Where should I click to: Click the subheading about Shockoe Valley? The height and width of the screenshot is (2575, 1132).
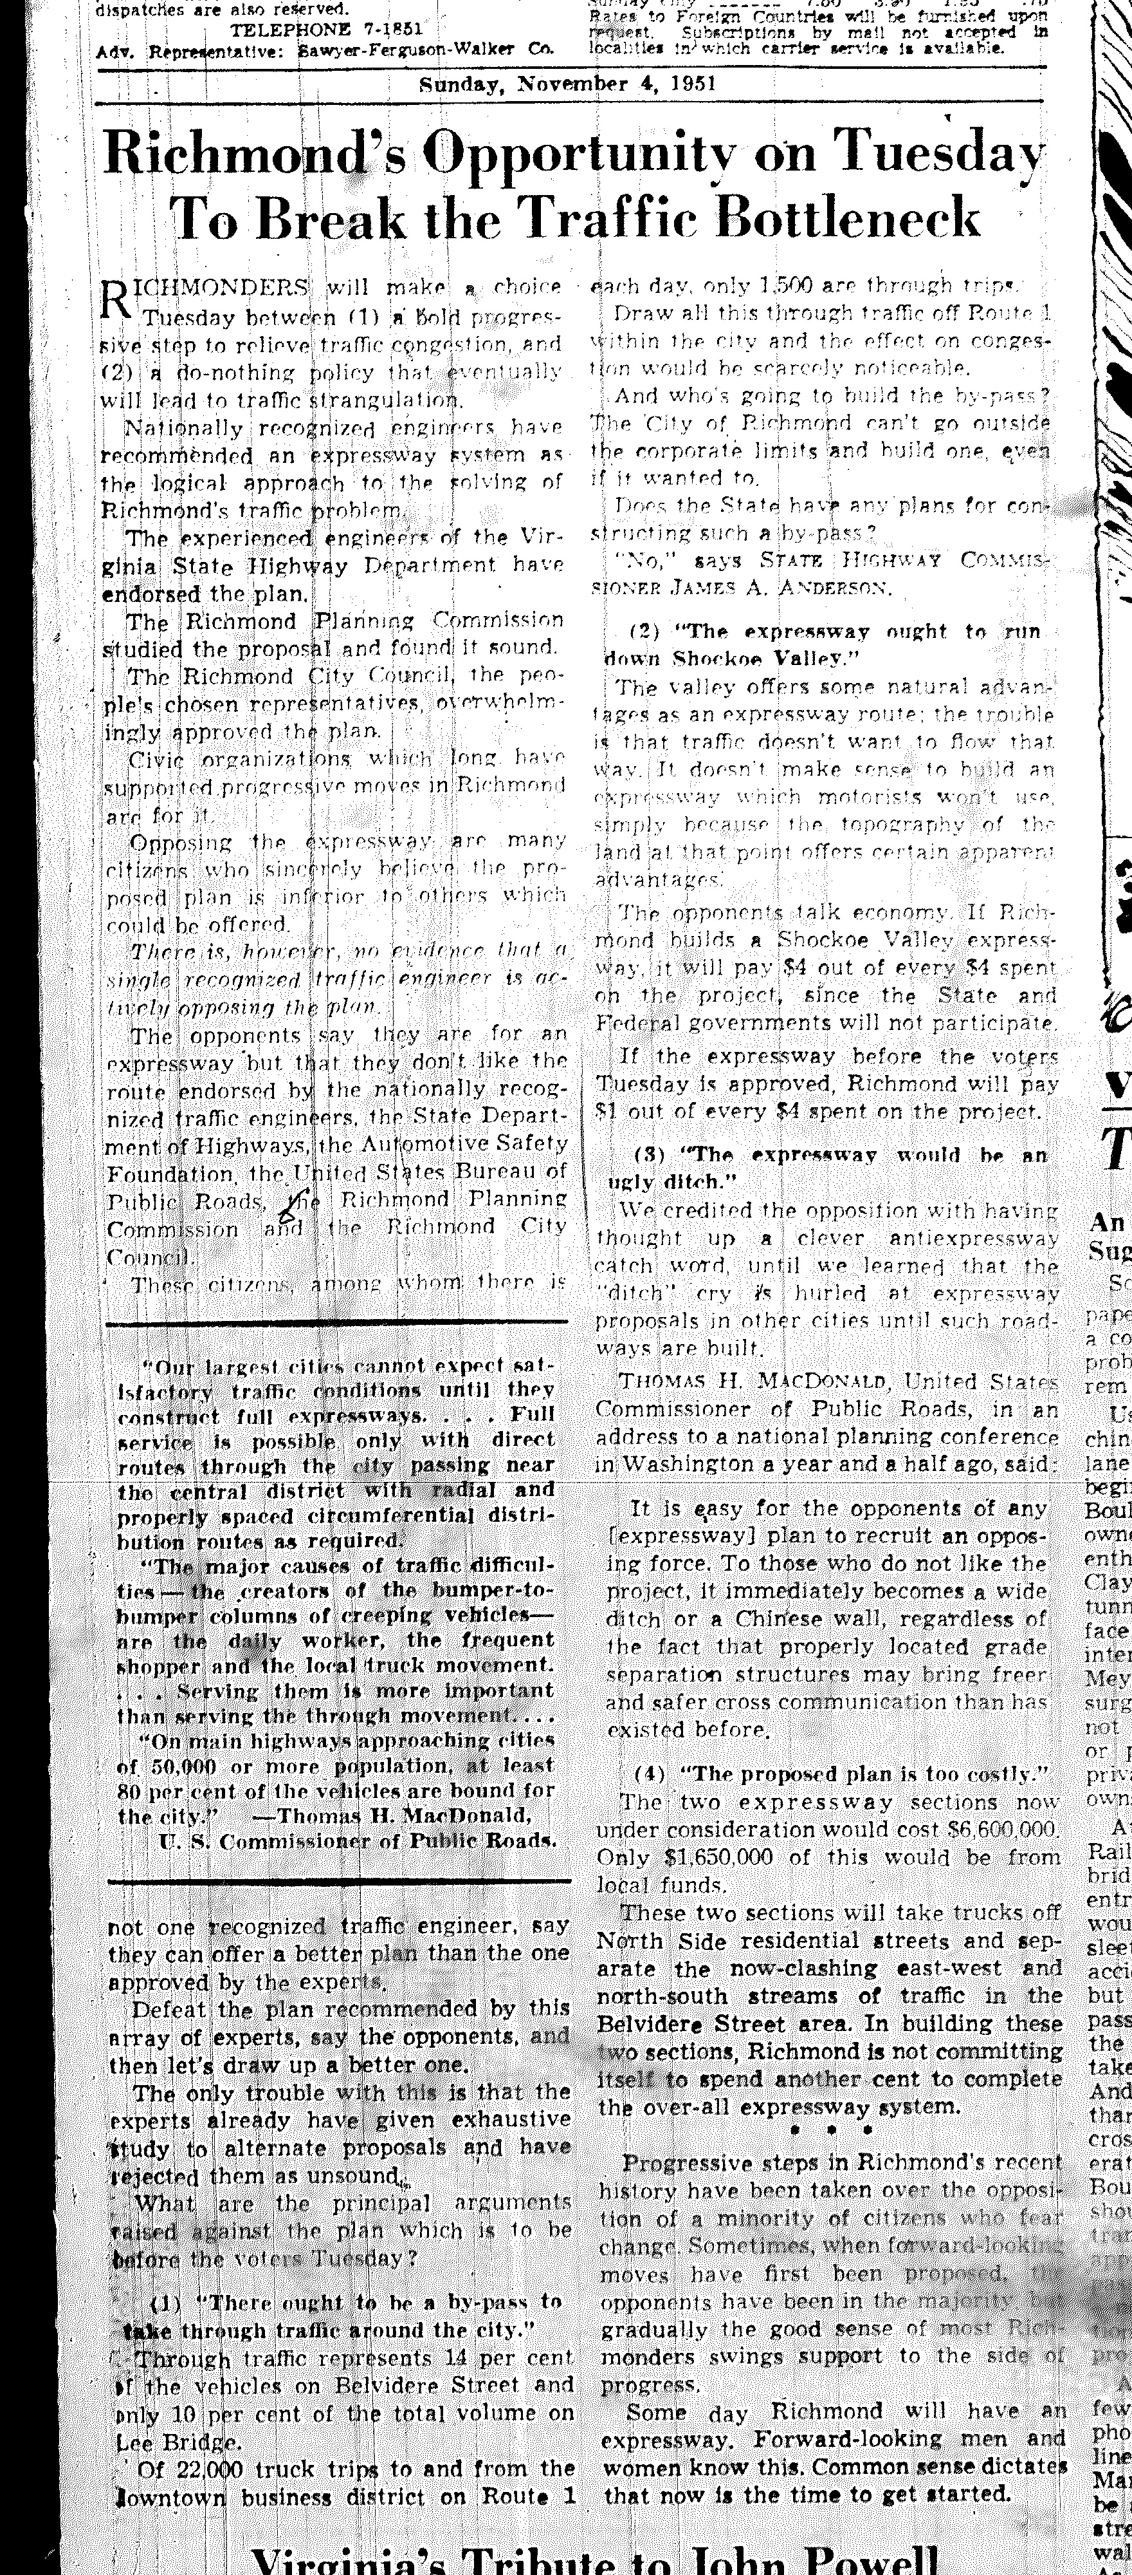pos(825,645)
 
